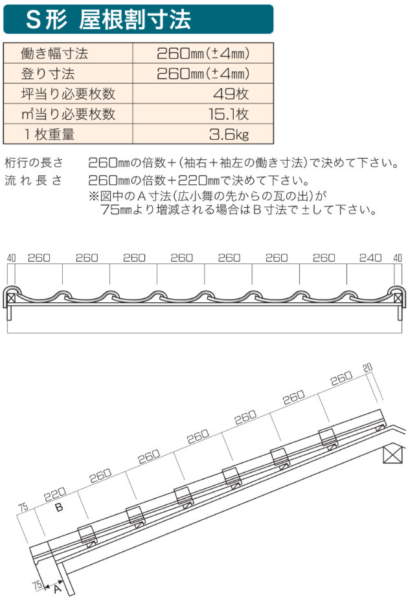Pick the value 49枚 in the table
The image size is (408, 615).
(230, 93)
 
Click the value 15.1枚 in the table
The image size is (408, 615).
(228, 114)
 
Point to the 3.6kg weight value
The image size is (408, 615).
(228, 135)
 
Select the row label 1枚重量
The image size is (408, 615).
(49, 135)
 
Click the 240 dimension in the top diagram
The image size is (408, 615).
(370, 257)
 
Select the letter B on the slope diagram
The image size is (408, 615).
(59, 508)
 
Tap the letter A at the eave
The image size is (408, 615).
(56, 589)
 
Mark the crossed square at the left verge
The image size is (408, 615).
(12, 298)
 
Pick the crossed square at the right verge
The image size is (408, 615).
(397, 298)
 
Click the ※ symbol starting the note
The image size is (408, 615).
(92, 195)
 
